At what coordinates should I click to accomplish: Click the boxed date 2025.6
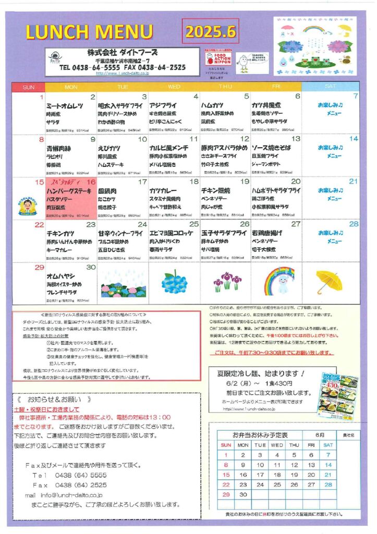(211, 31)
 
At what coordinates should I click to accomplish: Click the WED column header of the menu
(174, 87)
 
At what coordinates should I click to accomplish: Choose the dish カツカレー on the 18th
(165, 191)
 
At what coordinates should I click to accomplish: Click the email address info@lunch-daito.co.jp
(71, 495)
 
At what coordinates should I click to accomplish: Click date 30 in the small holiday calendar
(243, 494)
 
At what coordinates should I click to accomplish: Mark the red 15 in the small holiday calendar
(226, 475)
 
